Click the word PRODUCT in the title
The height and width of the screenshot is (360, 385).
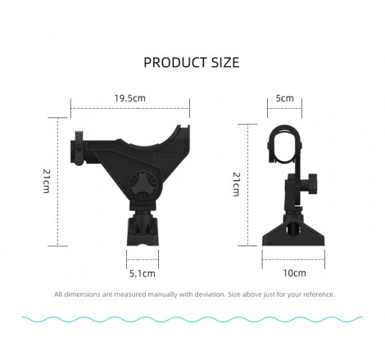[175, 62]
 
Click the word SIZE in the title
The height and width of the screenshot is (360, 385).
[225, 62]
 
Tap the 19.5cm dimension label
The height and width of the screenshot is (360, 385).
[130, 98]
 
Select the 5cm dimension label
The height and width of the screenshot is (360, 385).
[284, 98]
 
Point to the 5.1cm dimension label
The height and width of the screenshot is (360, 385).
[143, 273]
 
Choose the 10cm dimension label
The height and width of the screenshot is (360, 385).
[294, 273]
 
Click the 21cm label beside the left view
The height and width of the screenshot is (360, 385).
[47, 182]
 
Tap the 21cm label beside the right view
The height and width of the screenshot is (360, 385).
[237, 184]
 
